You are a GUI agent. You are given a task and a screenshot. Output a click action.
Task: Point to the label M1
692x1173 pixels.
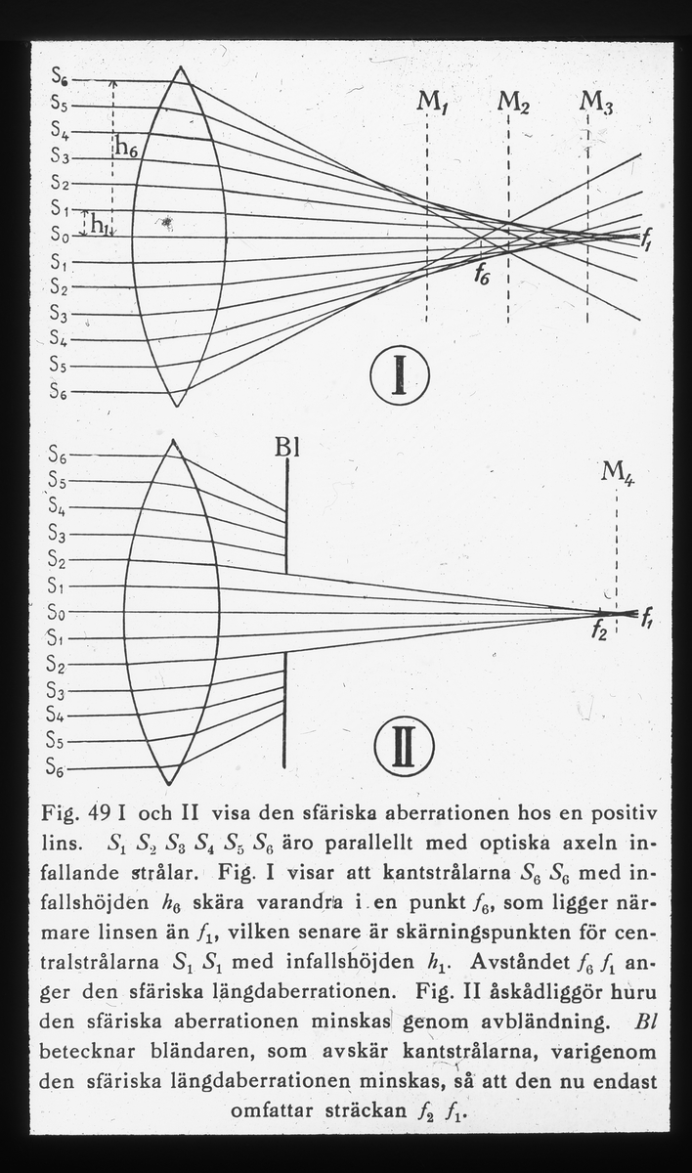(431, 101)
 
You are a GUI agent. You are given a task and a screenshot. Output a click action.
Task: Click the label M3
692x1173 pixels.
(595, 102)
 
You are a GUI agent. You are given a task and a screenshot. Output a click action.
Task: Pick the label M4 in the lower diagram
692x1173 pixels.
(615, 474)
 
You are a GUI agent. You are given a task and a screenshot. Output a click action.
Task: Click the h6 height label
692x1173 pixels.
(129, 147)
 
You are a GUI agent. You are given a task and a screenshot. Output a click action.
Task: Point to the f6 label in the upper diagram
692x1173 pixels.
(482, 275)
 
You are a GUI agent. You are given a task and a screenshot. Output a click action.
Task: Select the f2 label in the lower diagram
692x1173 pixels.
(598, 632)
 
